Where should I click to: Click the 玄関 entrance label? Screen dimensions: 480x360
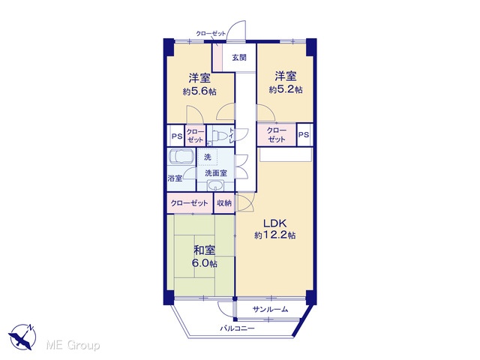(239, 58)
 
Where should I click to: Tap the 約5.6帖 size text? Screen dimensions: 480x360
(199, 91)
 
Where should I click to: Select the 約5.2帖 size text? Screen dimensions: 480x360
(286, 89)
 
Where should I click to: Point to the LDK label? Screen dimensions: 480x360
(275, 223)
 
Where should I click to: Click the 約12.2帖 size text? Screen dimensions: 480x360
(275, 235)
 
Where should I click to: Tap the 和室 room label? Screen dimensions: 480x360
(205, 250)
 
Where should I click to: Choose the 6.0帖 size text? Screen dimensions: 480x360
(205, 263)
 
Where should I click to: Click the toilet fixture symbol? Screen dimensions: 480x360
(218, 135)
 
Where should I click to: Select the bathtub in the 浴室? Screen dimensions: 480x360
(181, 156)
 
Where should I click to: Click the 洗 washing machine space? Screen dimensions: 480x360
(208, 157)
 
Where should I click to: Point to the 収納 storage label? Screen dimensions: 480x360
(224, 202)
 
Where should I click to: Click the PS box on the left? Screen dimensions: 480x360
(176, 136)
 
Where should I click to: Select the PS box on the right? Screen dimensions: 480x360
(304, 135)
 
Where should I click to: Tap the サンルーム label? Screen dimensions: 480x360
(270, 309)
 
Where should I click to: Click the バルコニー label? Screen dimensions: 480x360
(238, 328)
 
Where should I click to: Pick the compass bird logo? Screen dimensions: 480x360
(22, 337)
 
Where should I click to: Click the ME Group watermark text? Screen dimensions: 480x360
(73, 345)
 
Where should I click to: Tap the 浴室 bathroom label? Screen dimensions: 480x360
(175, 178)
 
